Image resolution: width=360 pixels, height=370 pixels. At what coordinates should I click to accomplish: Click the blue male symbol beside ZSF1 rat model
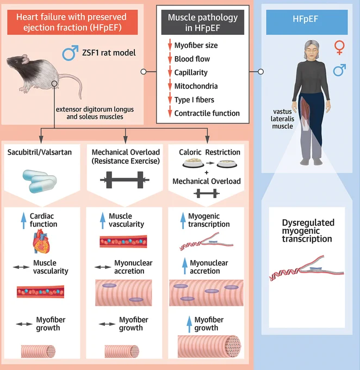(69, 53)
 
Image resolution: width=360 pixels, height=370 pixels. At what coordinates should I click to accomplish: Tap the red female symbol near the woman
(339, 47)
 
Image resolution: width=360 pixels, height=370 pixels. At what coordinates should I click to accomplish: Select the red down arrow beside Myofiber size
(170, 45)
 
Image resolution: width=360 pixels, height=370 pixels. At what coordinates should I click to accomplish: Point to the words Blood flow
(192, 59)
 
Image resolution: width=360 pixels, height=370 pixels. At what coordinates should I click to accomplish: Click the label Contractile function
(207, 113)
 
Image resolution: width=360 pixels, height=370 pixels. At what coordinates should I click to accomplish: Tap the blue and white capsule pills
(40, 181)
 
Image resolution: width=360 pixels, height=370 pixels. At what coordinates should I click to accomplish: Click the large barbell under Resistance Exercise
(125, 180)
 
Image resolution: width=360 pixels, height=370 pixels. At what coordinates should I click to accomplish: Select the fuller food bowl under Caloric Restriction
(193, 163)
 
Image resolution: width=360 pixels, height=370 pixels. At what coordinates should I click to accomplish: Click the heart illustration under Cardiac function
(41, 242)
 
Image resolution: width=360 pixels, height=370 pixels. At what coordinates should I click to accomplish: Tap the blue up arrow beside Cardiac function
(23, 220)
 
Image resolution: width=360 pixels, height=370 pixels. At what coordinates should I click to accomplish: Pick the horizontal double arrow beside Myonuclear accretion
(103, 267)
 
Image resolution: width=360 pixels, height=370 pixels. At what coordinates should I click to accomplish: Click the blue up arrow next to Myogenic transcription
(183, 220)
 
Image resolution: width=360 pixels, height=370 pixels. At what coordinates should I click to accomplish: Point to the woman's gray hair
(312, 48)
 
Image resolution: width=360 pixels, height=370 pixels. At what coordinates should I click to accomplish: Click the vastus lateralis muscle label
(282, 119)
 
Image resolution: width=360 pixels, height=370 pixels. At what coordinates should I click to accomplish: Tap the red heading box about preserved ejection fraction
(72, 22)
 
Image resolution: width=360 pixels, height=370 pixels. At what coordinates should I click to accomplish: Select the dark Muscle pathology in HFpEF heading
(203, 22)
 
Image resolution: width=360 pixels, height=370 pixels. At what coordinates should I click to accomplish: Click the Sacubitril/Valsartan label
(39, 152)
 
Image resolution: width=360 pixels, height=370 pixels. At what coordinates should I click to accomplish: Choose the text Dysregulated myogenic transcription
(308, 231)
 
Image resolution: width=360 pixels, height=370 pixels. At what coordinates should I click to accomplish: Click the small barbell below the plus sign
(207, 194)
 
